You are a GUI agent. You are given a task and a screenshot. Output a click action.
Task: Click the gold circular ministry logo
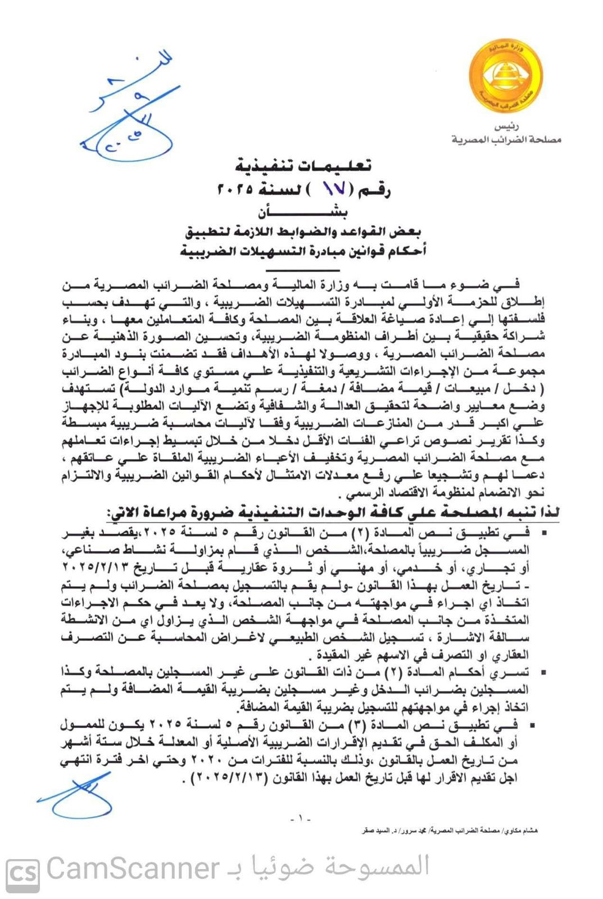point(506,76)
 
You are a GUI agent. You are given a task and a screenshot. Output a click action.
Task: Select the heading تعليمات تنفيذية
point(303,166)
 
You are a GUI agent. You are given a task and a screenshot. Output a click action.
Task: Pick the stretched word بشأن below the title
point(303,213)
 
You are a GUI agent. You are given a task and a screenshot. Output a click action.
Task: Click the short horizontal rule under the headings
point(303,270)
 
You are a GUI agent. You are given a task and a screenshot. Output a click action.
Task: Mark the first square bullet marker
point(542,532)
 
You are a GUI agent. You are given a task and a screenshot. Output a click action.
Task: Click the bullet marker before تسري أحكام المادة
point(542,672)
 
